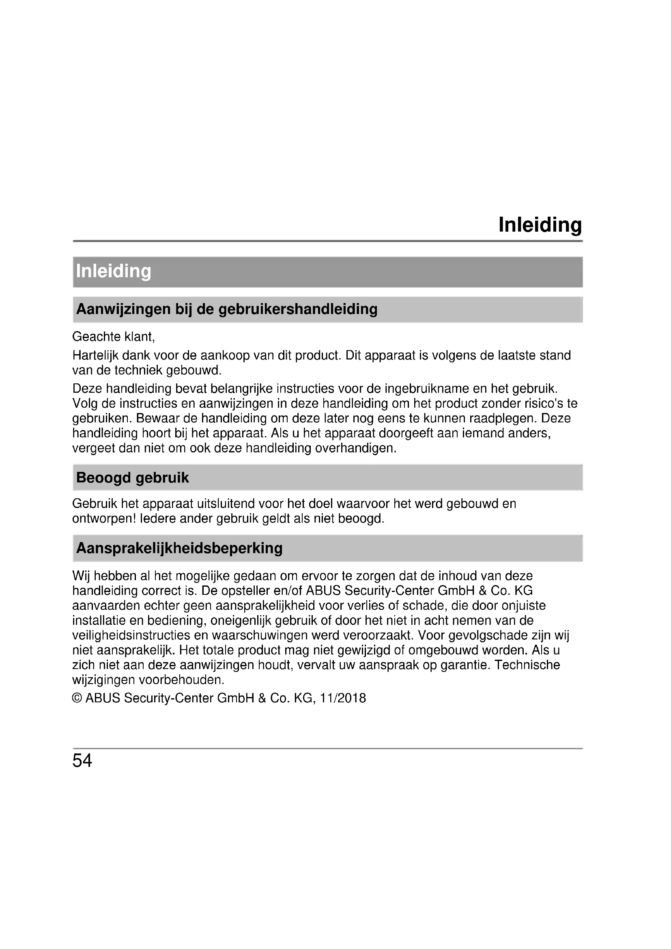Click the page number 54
82,761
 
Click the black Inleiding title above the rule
540,225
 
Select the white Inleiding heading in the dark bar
114,271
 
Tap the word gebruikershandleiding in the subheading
297,309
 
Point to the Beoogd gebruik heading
132,478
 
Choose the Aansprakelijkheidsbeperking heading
179,548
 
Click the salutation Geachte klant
113,337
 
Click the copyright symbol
77,698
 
